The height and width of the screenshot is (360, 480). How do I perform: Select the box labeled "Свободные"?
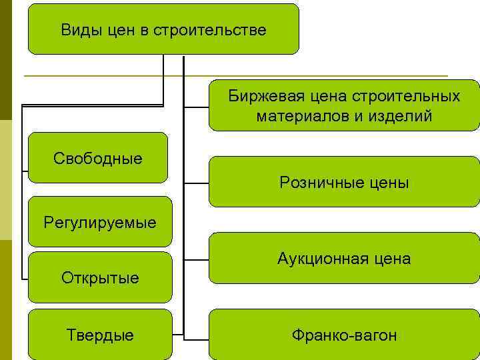click(98, 158)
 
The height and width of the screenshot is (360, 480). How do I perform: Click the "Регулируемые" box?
click(100, 221)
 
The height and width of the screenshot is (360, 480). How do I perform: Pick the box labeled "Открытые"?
click(101, 277)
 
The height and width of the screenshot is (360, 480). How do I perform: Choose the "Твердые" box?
click(101, 335)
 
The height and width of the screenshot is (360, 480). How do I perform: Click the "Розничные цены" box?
click(344, 182)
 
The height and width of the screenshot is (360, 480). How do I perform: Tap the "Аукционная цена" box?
click(344, 258)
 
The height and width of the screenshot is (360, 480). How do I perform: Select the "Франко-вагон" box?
click(344, 335)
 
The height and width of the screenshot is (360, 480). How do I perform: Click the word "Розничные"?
click(317, 182)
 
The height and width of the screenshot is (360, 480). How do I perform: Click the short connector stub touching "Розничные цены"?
click(197, 182)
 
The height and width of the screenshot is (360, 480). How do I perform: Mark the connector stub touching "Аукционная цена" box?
click(197, 258)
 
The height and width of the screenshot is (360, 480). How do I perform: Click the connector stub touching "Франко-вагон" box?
click(197, 333)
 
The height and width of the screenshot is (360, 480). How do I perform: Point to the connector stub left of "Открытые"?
click(25, 277)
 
